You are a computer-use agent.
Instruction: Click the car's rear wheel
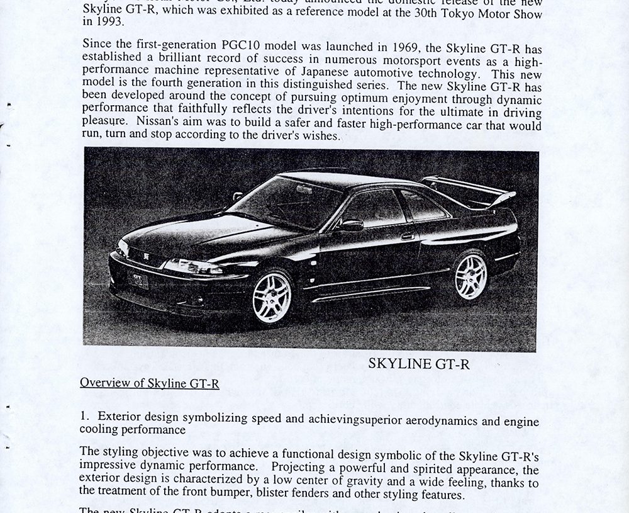(471, 276)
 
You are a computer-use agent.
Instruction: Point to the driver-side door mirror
(351, 225)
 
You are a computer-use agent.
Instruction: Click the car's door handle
(408, 237)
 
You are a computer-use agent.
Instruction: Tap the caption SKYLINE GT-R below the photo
(419, 364)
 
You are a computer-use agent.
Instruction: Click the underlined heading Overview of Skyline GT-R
(150, 383)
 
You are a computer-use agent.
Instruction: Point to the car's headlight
(192, 268)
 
